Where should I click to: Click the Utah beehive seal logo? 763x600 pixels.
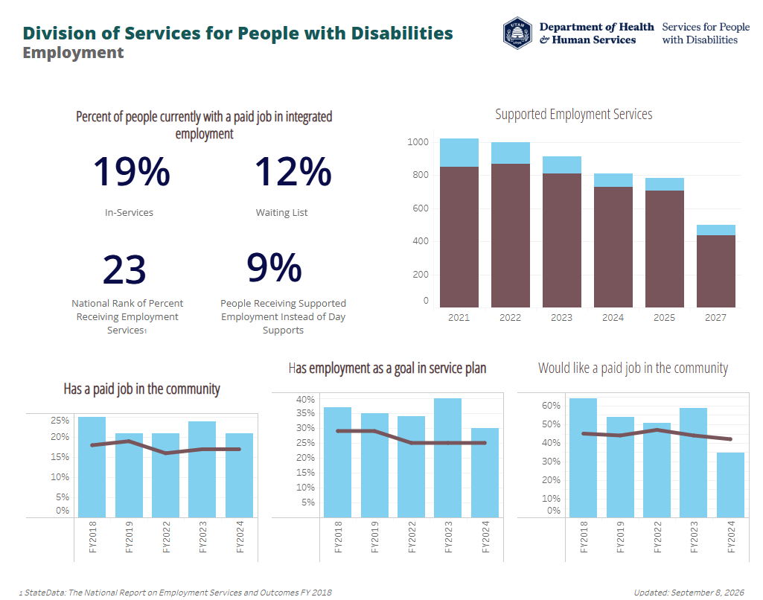coord(517,33)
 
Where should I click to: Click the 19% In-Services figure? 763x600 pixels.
coord(131,172)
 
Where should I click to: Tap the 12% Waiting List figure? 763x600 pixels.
coord(293,172)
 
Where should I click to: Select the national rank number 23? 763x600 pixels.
coord(124,269)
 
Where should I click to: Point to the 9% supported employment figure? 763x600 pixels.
coord(274,267)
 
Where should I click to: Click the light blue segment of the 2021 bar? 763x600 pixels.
coord(459,153)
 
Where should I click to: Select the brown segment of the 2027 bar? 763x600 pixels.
coord(716,271)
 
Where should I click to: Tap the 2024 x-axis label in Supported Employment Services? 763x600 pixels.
coord(613,318)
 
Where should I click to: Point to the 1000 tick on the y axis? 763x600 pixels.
coord(418,142)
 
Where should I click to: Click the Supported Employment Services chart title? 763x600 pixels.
coord(574,114)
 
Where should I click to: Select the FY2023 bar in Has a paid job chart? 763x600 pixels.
coord(202,469)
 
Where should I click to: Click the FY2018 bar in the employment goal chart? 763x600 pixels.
coord(337,462)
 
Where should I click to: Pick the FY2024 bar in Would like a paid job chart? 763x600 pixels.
coord(730,485)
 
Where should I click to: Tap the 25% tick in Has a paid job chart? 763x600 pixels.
coord(60,421)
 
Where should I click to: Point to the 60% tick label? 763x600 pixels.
coord(551,406)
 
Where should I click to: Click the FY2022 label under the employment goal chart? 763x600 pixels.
coord(412,537)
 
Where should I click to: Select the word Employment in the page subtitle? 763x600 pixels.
coord(73,53)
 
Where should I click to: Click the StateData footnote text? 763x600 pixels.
coord(176,593)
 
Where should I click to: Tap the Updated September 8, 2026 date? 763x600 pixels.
coord(689,593)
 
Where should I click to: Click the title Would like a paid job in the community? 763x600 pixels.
coord(633,368)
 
